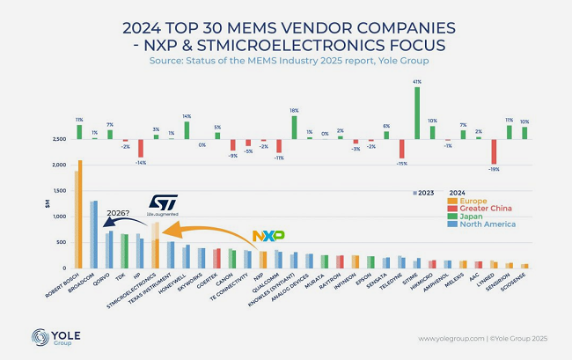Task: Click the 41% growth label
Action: coord(415,81)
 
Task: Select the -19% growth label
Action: coord(494,169)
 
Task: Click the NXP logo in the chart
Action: coord(268,236)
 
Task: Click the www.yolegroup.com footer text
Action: coord(448,339)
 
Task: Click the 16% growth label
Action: coord(294,111)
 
